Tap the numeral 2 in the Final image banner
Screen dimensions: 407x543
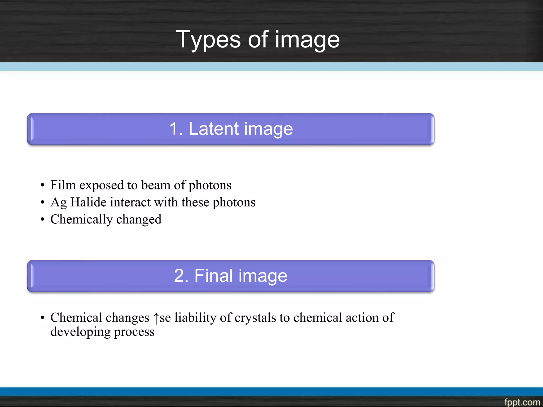[x=181, y=276]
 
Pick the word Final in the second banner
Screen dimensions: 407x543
[x=214, y=276]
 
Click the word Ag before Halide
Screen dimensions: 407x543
[x=59, y=202]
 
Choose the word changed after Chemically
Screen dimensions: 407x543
[x=139, y=219]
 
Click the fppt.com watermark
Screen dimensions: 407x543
[x=522, y=402]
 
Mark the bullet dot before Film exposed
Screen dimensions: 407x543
[x=42, y=185]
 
